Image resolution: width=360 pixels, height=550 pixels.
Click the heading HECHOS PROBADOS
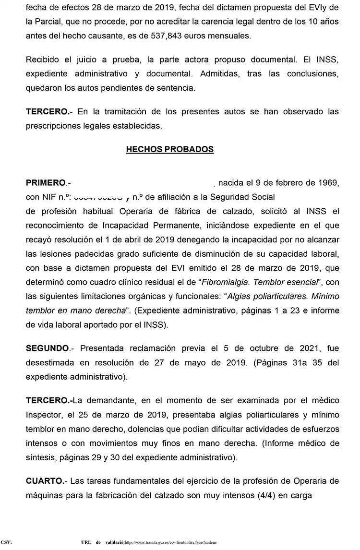[169, 150]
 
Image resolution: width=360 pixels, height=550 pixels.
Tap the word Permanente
[159, 226]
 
